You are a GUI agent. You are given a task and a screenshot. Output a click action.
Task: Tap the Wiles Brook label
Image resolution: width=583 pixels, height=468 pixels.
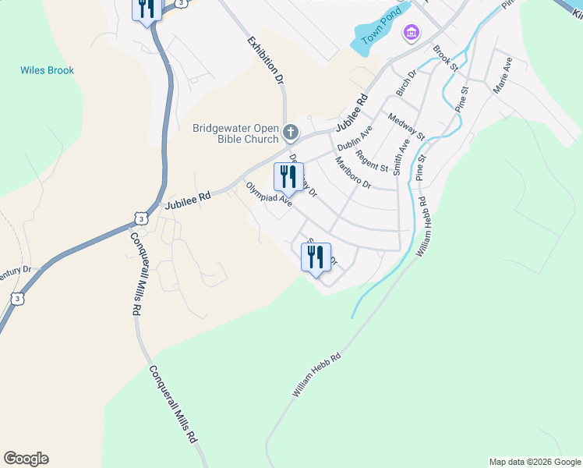click(x=47, y=70)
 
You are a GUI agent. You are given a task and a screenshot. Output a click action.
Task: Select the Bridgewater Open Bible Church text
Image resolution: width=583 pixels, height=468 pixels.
click(x=235, y=133)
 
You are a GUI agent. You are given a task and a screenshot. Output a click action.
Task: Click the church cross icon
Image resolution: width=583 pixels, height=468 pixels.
click(x=291, y=132)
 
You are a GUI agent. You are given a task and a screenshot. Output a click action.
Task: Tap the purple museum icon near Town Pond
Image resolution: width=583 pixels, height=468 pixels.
click(x=411, y=33)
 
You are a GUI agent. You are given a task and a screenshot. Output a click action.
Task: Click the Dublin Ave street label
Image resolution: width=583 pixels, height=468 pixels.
click(x=355, y=138)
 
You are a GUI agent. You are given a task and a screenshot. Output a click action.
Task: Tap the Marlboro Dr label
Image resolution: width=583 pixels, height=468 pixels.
click(x=353, y=173)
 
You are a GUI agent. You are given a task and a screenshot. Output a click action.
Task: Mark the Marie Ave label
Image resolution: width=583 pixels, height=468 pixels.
click(x=502, y=75)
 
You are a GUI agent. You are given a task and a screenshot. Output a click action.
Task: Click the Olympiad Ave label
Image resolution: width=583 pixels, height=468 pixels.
click(x=269, y=194)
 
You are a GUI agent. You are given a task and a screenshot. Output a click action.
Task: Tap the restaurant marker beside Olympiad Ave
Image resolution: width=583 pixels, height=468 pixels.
click(x=288, y=177)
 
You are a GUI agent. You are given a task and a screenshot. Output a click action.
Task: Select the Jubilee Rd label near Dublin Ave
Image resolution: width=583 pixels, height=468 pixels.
click(x=352, y=113)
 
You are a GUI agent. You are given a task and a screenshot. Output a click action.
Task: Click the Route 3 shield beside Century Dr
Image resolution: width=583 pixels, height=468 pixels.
click(x=16, y=299)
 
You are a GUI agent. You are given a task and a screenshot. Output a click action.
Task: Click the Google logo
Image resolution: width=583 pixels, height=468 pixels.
click(x=26, y=459)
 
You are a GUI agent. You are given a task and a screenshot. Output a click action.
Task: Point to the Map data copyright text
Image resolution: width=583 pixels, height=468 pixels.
click(x=534, y=462)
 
